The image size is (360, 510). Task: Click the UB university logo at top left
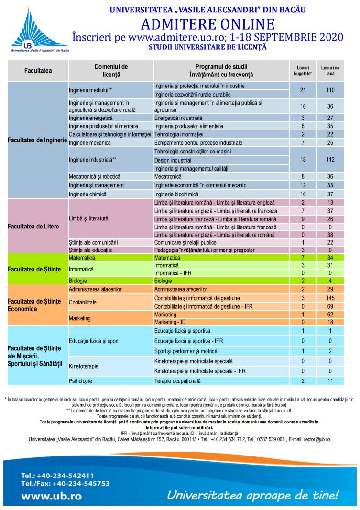tap(40, 30)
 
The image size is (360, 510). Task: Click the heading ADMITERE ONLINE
tap(207, 24)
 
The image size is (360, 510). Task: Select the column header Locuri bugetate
tap(302, 71)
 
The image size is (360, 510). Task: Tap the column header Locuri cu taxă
tap(330, 71)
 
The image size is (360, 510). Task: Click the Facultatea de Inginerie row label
tap(37, 140)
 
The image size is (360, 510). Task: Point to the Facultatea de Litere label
tap(33, 226)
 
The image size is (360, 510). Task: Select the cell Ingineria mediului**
tap(90, 90)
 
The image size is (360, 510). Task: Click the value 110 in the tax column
tap(330, 90)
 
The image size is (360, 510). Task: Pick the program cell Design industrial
tap(173, 160)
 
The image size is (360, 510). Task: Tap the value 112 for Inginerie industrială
tap(330, 160)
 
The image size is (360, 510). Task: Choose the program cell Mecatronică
tap(168, 176)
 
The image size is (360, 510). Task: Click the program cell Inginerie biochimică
tap(176, 194)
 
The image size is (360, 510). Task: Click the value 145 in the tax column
tap(330, 298)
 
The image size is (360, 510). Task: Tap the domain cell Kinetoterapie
tap(84, 366)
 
